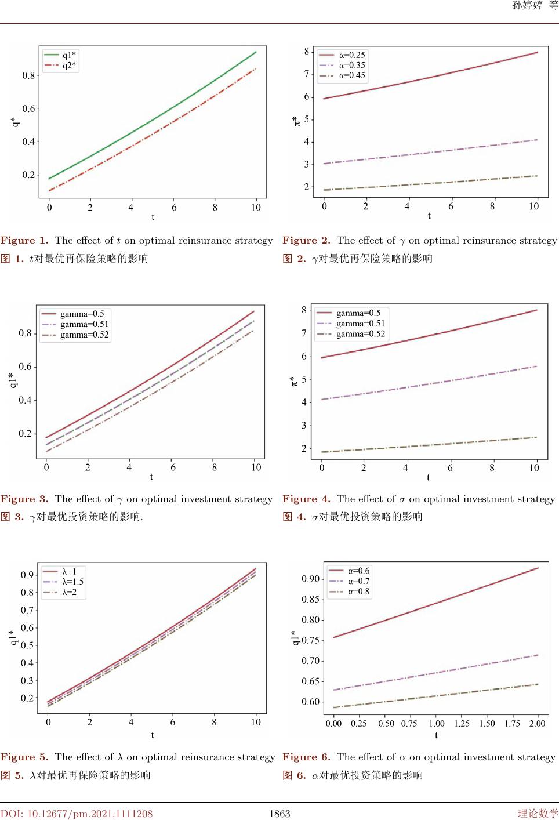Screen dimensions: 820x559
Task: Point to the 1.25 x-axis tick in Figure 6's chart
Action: [x=462, y=723]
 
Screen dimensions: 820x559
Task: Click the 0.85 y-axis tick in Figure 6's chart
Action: [x=310, y=599]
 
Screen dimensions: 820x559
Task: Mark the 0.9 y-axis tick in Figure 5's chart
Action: [x=27, y=575]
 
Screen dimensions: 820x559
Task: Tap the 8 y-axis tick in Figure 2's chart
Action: [x=307, y=51]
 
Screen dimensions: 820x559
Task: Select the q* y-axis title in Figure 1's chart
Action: [x=14, y=122]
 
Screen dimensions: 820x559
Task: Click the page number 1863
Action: [x=279, y=814]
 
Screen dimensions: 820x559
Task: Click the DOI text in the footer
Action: [x=77, y=814]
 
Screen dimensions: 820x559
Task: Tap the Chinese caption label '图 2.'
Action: [x=294, y=259]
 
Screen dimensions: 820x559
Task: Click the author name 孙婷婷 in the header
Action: [x=528, y=6]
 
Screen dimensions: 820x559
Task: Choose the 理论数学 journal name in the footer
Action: [x=538, y=814]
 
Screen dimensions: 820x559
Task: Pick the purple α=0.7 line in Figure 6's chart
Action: [x=435, y=673]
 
